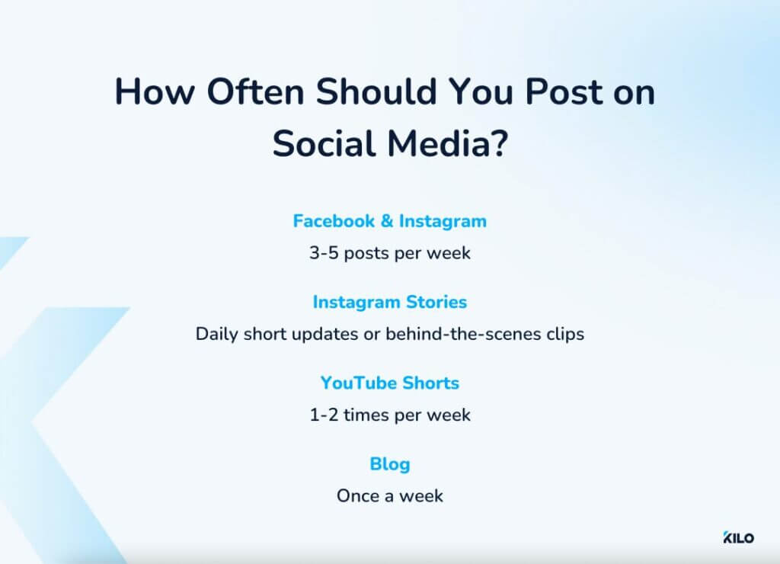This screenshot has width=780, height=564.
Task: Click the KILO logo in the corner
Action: click(x=738, y=538)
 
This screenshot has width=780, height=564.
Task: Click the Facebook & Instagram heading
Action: click(x=389, y=221)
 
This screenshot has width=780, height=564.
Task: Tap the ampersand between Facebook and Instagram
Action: click(x=386, y=221)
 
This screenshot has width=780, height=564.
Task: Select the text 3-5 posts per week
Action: click(x=389, y=253)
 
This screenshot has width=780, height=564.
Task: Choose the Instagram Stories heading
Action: click(x=389, y=302)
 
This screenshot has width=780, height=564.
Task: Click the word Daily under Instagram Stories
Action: click(x=217, y=334)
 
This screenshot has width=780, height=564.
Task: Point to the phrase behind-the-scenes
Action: click(x=463, y=334)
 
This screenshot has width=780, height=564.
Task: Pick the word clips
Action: click(x=565, y=334)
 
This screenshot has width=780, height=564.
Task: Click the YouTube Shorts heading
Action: click(x=389, y=383)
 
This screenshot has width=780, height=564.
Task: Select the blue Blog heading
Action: click(x=389, y=463)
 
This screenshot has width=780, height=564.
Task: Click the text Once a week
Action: click(x=389, y=496)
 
